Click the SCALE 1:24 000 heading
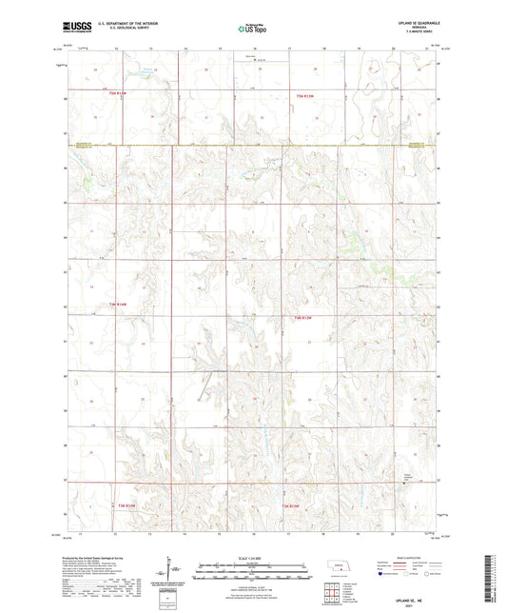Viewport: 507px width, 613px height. pos(252,558)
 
